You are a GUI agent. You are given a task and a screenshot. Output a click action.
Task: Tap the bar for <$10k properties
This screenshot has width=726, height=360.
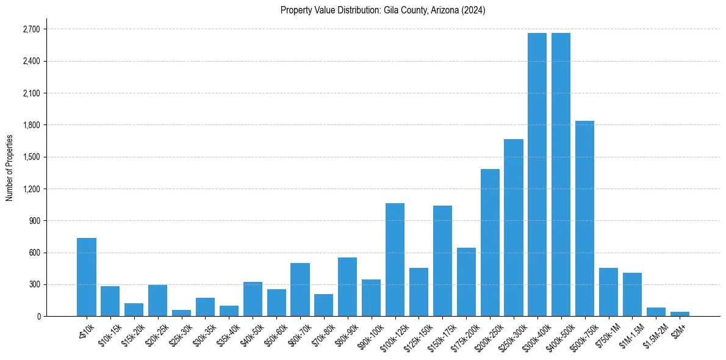coord(87,277)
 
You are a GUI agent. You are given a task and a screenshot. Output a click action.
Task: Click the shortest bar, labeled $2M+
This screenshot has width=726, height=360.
coord(680,314)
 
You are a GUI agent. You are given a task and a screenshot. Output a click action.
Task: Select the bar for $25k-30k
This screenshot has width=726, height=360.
coord(181,313)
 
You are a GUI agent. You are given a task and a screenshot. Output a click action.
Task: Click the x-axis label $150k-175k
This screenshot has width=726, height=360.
coord(440,334)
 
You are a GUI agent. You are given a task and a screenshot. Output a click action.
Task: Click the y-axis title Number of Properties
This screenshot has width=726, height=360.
coord(9,168)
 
